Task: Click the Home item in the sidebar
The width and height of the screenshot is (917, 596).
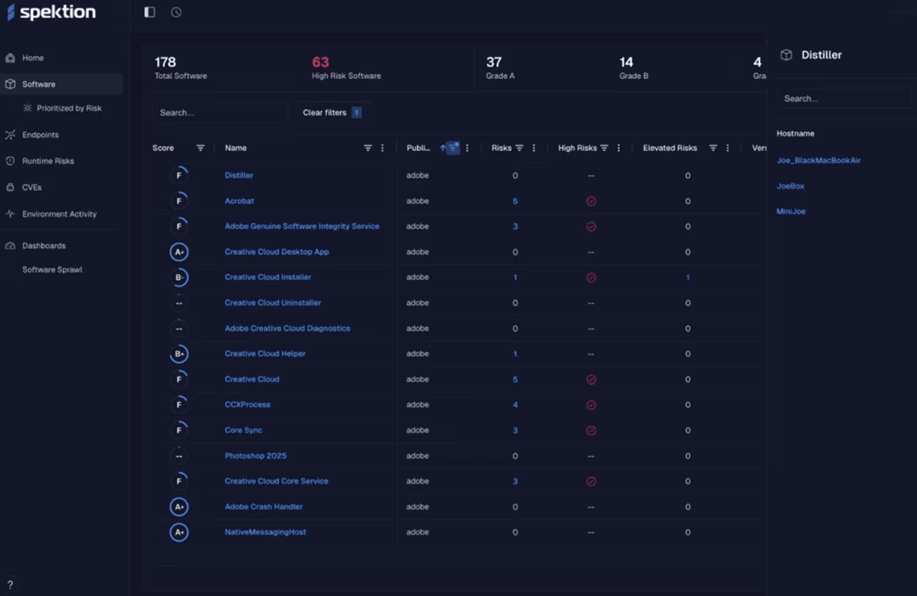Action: [33, 58]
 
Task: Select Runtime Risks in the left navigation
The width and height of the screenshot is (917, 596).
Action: [48, 161]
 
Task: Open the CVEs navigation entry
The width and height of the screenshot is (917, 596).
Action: [32, 187]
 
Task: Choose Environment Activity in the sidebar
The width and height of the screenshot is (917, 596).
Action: [59, 214]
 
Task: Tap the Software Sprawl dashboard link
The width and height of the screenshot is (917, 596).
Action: [52, 269]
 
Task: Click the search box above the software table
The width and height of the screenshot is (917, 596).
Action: [219, 113]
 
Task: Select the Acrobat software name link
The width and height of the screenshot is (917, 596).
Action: [239, 201]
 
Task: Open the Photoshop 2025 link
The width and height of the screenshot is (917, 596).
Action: [256, 456]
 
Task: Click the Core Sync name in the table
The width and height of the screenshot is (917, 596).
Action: [243, 430]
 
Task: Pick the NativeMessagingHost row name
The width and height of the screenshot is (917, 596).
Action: [265, 532]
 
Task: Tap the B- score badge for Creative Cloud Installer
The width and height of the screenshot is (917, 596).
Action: [179, 277]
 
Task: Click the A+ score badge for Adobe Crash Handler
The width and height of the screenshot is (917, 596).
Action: [179, 507]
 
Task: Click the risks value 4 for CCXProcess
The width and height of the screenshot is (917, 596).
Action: [515, 404]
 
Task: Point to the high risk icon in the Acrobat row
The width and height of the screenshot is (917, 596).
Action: [591, 201]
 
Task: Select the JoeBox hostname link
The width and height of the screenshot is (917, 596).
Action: [790, 186]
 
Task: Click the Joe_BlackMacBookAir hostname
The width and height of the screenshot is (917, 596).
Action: [818, 160]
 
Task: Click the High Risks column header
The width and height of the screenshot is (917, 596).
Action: [577, 148]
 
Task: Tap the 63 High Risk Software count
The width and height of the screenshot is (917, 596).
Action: [320, 62]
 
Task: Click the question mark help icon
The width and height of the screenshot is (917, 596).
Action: [10, 585]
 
